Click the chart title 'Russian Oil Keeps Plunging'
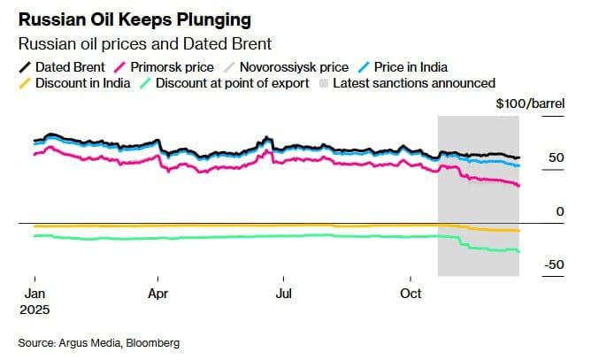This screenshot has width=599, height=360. point(134,19)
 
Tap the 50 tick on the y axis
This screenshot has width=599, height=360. point(556,157)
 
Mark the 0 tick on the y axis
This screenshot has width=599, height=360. point(559,211)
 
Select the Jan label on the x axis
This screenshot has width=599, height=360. point(34,293)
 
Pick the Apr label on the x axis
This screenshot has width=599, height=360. point(157,293)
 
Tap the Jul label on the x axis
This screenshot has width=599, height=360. point(284,293)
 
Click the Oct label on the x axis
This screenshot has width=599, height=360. point(411,293)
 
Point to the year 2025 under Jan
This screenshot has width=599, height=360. point(36,310)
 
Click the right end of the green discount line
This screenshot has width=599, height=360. point(518,251)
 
